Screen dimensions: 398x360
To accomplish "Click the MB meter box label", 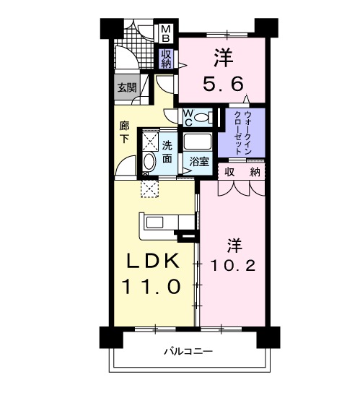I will [x=166, y=33].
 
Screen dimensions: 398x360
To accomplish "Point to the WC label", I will [x=187, y=116].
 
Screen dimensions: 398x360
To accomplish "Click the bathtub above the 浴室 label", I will [x=196, y=141].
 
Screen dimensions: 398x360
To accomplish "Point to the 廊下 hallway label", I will [x=124, y=132].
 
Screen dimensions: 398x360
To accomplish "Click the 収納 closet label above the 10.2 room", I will [x=242, y=171].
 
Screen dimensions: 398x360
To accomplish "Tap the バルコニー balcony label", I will [x=187, y=352].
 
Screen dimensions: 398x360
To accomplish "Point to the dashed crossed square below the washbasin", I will [x=150, y=189].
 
